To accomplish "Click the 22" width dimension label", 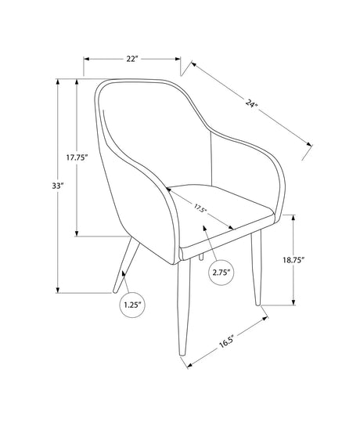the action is tap(132, 59).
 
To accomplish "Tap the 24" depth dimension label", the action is tap(251, 103).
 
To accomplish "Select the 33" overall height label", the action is tap(58, 186).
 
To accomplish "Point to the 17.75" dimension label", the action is tap(77, 157).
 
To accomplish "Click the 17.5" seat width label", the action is tap(200, 208).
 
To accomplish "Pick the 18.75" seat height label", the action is tap(293, 260).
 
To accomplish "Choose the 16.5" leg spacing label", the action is tap(226, 342).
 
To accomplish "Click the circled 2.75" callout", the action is tap(221, 273).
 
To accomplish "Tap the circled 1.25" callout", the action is tap(133, 305).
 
